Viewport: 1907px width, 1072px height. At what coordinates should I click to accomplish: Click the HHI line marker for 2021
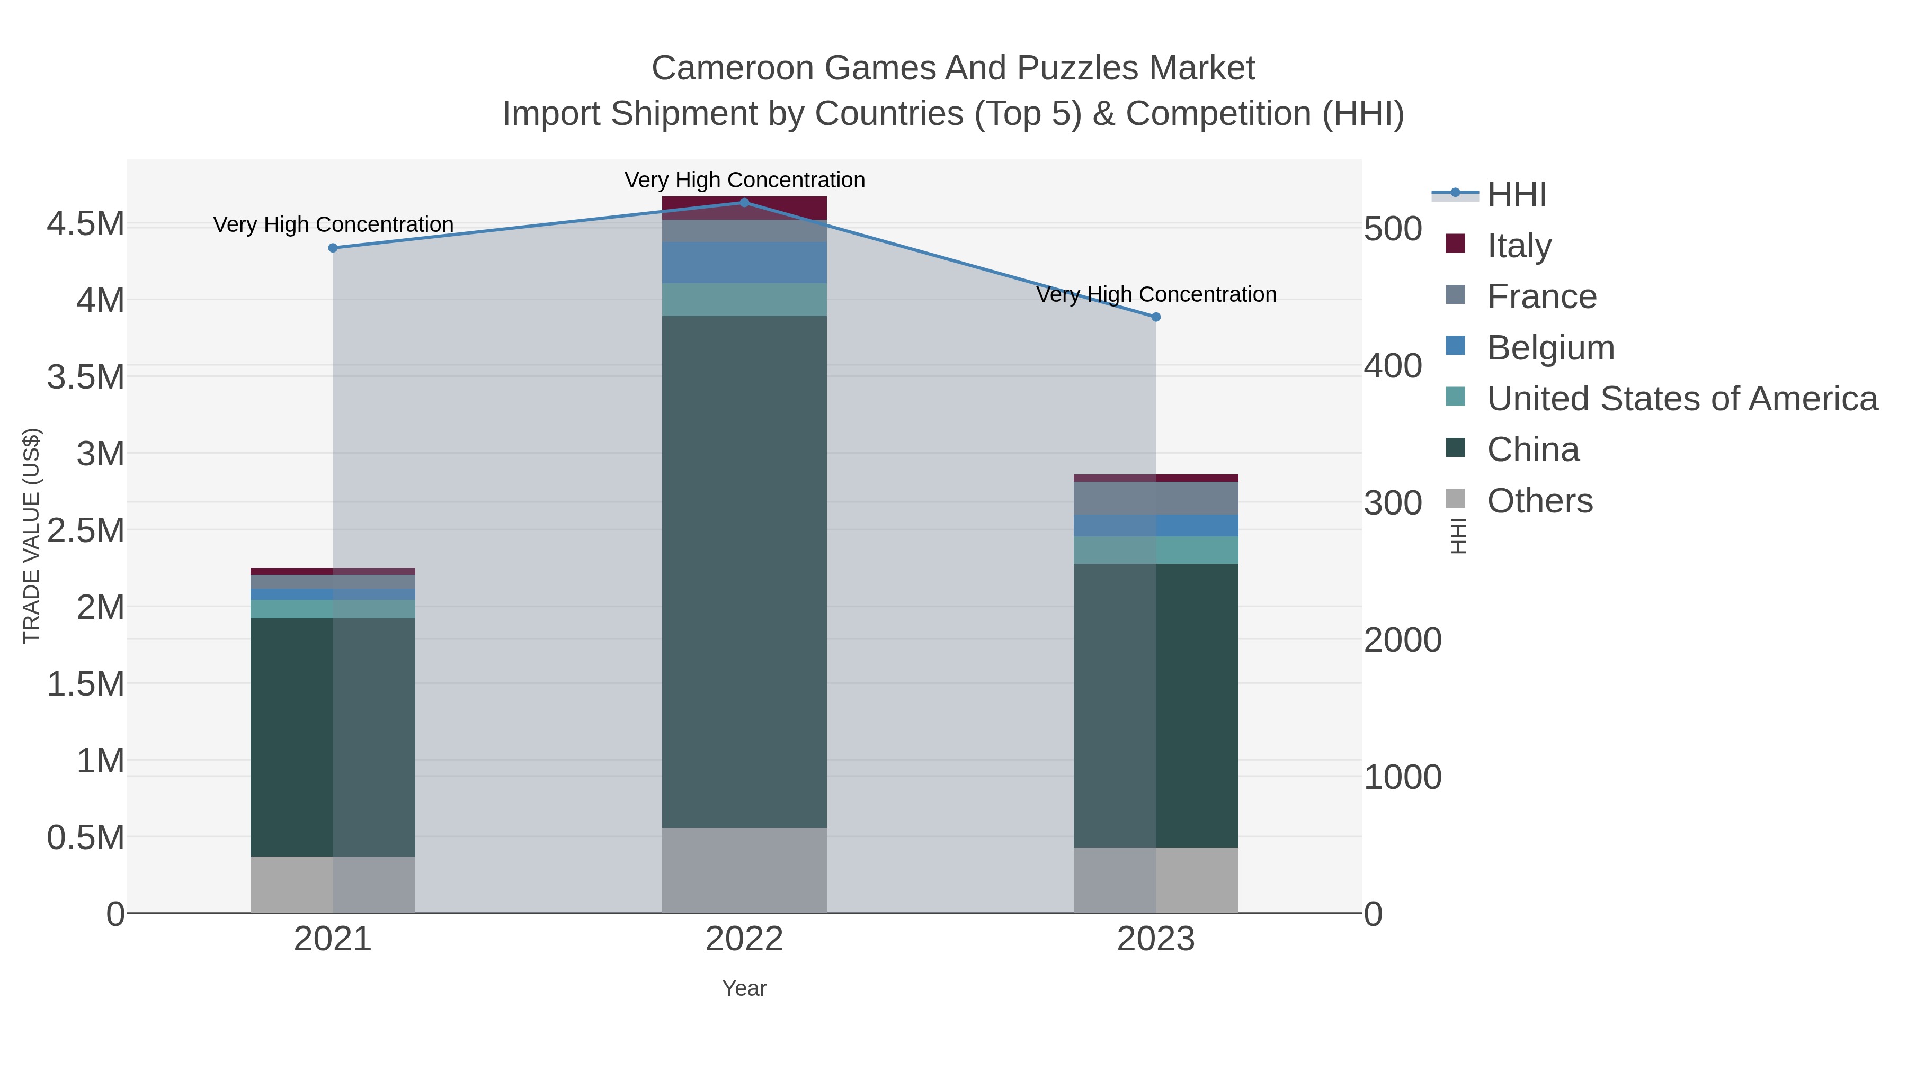pos(333,248)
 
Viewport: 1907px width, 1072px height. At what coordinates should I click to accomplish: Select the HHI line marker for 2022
pos(744,203)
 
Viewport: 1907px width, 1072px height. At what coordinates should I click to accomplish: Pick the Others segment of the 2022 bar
pos(744,870)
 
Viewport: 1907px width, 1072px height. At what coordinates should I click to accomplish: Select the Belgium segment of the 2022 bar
pos(744,263)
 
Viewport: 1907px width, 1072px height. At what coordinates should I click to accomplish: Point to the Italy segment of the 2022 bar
pos(744,208)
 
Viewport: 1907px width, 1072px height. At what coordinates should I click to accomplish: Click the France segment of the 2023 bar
pos(1156,498)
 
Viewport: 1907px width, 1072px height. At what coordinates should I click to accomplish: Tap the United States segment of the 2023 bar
pos(1156,549)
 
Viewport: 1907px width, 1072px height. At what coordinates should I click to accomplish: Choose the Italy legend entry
pos(1519,246)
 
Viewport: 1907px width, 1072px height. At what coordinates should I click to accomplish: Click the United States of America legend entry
pos(1682,399)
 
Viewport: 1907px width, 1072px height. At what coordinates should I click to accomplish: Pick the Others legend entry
pos(1539,501)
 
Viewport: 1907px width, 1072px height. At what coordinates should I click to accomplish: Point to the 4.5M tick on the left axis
pos(86,223)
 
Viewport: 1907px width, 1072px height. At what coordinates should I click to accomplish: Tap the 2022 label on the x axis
pos(744,940)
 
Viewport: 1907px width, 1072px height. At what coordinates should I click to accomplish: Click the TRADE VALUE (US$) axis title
pos(31,536)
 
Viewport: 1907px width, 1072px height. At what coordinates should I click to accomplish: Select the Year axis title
pos(744,988)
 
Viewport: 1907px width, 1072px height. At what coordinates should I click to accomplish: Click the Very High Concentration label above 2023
pos(1156,294)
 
